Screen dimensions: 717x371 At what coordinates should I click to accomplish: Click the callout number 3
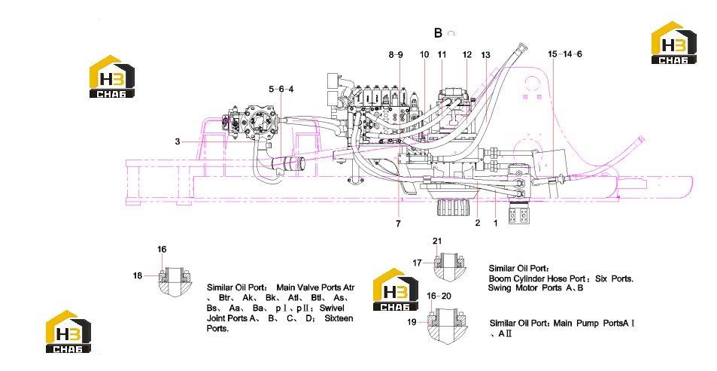(x=178, y=141)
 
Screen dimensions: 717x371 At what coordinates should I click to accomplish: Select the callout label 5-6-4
(x=281, y=89)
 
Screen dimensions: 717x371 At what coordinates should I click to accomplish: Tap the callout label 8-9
(x=396, y=54)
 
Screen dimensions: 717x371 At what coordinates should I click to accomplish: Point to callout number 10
(x=424, y=54)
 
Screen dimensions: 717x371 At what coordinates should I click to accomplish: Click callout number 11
(x=442, y=54)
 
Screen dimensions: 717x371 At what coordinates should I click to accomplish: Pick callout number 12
(x=467, y=54)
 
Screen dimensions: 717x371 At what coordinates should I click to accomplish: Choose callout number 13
(x=485, y=55)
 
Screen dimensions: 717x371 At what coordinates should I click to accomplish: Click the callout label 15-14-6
(x=565, y=54)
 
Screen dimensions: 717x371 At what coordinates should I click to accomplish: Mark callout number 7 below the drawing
(x=398, y=224)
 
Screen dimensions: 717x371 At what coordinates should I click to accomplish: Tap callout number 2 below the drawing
(x=478, y=223)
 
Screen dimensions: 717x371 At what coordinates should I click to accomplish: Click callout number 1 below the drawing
(x=495, y=223)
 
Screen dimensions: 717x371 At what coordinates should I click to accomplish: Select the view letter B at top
(x=438, y=33)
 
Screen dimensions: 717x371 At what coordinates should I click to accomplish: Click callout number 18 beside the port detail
(x=138, y=275)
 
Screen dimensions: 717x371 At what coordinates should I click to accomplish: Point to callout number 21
(x=437, y=241)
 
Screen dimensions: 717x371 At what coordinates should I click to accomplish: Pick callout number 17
(x=417, y=263)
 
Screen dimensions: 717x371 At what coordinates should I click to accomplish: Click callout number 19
(x=412, y=322)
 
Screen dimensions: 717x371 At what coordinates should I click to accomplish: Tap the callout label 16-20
(x=439, y=296)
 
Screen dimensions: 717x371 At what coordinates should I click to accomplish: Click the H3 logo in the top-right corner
(x=673, y=43)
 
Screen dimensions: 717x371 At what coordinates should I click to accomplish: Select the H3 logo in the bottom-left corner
(x=68, y=332)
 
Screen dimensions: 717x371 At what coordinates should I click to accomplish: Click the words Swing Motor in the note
(x=514, y=288)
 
